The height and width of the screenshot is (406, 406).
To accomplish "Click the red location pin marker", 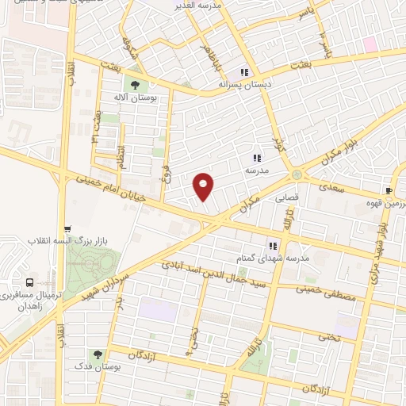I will (204, 186).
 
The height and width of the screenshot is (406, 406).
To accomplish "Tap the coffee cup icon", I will (389, 191).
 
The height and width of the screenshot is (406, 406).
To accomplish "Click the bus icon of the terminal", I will (29, 282).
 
